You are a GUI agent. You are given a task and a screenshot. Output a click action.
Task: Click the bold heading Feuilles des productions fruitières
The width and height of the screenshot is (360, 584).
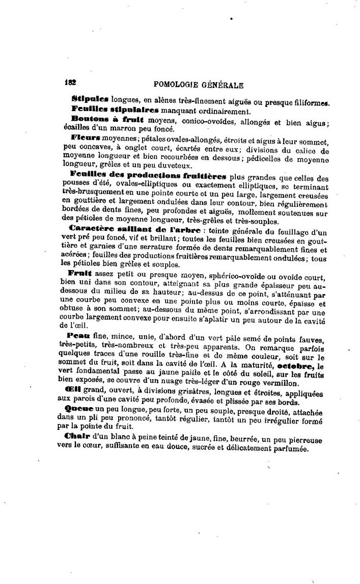148,174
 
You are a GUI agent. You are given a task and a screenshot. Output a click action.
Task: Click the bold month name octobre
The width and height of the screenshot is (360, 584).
294,365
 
